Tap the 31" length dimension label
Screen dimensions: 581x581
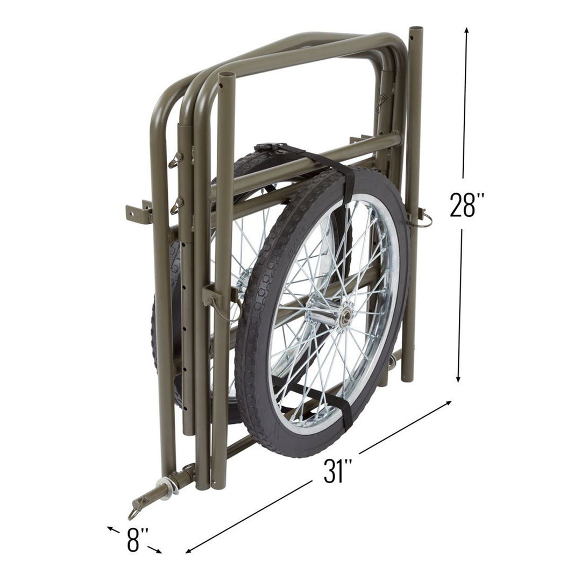pyautogui.click(x=338, y=472)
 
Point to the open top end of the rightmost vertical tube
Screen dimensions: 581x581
pyautogui.click(x=415, y=29)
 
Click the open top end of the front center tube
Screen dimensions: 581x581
pyautogui.click(x=226, y=76)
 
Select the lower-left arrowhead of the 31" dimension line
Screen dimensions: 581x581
pyautogui.click(x=188, y=551)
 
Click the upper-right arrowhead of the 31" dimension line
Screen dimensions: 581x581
pyautogui.click(x=449, y=402)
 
